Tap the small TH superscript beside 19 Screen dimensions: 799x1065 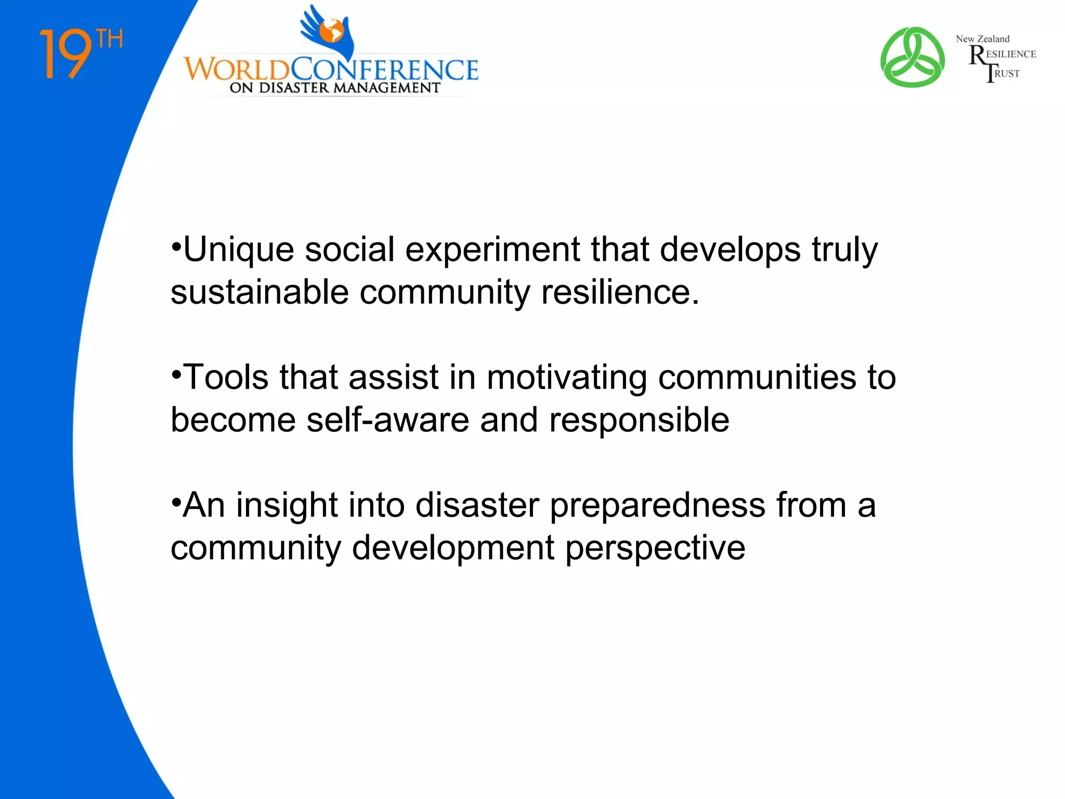tap(110, 39)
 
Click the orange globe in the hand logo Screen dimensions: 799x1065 tap(331, 31)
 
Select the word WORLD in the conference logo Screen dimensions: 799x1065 tap(237, 70)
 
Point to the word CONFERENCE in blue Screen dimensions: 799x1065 tap(384, 70)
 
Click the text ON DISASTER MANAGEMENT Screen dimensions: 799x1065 tap(335, 88)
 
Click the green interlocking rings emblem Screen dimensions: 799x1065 tap(912, 57)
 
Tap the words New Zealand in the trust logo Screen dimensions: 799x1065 tap(982, 39)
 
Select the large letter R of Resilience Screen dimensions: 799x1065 tap(977, 55)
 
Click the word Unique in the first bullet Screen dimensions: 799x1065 tap(239, 250)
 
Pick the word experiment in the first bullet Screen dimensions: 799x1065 tap(492, 250)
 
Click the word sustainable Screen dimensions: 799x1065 tap(259, 292)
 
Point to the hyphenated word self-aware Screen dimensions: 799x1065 tap(387, 420)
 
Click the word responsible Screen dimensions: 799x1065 tap(639, 420)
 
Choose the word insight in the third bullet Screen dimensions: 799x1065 tap(287, 506)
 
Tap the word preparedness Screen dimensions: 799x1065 tap(657, 506)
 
